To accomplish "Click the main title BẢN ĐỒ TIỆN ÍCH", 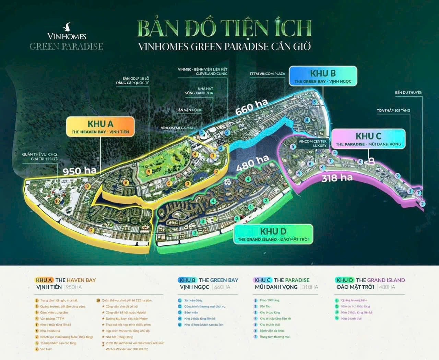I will (225, 29).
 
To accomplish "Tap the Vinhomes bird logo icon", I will (67, 26).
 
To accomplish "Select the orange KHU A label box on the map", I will (100, 127).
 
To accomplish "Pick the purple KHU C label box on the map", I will (368, 139).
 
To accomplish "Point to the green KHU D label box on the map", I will (273, 235).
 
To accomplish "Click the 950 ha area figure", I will (77, 170).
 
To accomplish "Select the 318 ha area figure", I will (337, 178).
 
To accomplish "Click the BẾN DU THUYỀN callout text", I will (408, 93).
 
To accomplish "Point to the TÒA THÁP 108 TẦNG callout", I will (393, 110).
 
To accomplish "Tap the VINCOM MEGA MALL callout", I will (178, 128).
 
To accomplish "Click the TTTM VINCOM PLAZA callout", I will (267, 74).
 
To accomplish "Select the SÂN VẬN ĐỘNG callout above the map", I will (189, 110).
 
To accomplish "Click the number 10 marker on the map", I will (57, 201).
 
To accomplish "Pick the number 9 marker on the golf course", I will (149, 171).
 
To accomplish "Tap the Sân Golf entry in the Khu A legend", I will (46, 349).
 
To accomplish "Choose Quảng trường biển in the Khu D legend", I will (354, 300).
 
